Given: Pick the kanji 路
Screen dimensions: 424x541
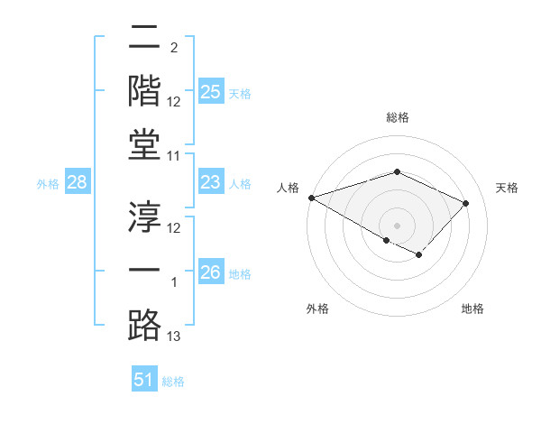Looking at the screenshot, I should pos(144,323).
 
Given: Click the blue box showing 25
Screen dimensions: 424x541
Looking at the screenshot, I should pos(210,91).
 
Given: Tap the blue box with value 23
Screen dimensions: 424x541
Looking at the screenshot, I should pos(210,183).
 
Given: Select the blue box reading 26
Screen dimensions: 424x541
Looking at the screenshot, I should pos(210,272).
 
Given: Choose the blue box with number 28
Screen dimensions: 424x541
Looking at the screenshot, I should pos(78,183).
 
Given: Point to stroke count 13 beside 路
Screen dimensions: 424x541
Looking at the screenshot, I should pos(174,337).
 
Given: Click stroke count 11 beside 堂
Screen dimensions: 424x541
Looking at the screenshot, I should pos(174,156).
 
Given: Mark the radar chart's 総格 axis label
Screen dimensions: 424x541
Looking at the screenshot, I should pos(397,117).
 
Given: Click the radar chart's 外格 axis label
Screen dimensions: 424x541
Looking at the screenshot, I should pos(317,309).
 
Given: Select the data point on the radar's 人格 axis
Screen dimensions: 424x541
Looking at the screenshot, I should pos(311,198).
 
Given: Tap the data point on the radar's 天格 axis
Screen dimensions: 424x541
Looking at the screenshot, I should pos(465,203).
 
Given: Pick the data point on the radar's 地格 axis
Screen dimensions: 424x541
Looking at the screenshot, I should pos(418,255).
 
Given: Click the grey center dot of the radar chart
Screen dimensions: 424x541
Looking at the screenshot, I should pos(397,225).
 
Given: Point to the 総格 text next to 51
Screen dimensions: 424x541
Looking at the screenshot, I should pos(173,382).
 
